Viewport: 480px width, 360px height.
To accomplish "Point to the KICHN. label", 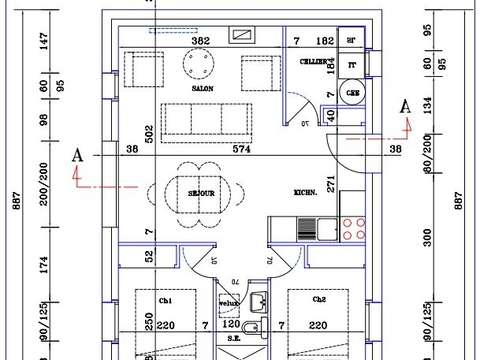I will (306, 192).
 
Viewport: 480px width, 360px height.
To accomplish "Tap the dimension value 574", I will (231, 149).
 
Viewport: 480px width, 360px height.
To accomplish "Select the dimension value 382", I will (200, 41).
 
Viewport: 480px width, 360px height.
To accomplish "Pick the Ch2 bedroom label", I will (319, 300).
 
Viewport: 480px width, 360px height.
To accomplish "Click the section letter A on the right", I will (405, 106).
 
